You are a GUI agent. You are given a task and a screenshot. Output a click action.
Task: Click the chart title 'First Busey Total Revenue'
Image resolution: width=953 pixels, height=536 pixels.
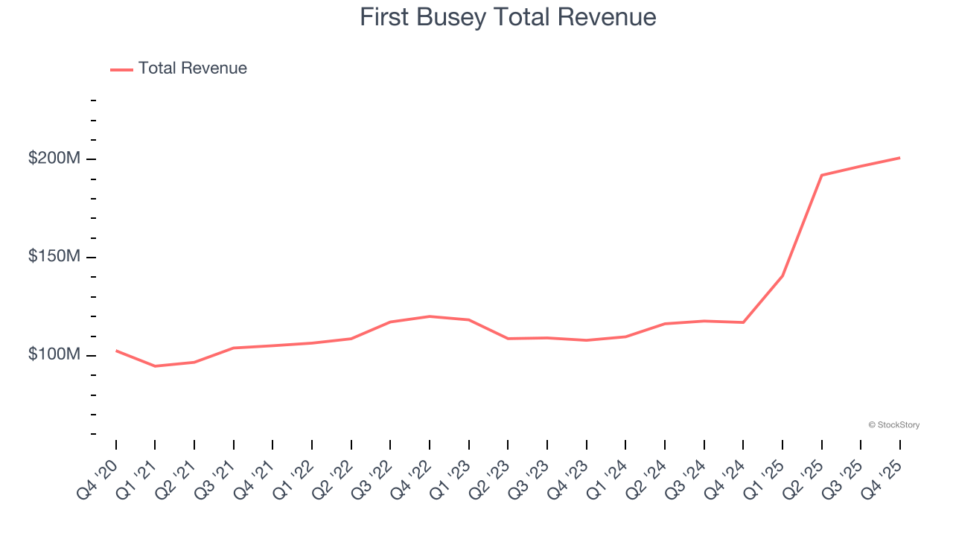point(508,17)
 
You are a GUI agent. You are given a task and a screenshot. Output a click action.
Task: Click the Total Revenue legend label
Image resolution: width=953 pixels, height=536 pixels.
point(192,68)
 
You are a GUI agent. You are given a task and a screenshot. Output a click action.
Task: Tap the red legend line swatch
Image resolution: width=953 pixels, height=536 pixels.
point(121,69)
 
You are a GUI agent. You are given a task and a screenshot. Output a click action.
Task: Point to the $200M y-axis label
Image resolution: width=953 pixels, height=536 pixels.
point(54,159)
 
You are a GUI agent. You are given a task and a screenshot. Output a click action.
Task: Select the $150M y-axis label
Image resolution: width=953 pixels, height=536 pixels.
point(54,257)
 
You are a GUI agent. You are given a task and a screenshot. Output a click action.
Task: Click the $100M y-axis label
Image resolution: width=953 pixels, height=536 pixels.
point(54,355)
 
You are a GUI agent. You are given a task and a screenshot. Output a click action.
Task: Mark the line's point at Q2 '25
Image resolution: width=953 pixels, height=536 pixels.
point(821,175)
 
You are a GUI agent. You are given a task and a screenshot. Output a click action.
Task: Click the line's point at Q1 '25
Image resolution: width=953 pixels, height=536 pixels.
point(783,275)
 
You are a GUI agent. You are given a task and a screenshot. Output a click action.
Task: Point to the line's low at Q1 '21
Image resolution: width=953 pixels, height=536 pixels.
point(155,366)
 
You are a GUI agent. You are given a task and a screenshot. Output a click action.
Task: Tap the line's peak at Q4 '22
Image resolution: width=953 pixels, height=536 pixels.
point(430,316)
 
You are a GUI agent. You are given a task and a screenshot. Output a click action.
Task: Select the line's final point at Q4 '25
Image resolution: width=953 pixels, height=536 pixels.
point(899,158)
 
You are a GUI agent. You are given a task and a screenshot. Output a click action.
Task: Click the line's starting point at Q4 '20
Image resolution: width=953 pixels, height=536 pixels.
point(116,351)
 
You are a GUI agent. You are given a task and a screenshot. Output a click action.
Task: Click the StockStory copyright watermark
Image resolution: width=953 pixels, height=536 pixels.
point(893,425)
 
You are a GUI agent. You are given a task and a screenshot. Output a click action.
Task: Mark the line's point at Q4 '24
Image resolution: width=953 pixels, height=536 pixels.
point(743,322)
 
